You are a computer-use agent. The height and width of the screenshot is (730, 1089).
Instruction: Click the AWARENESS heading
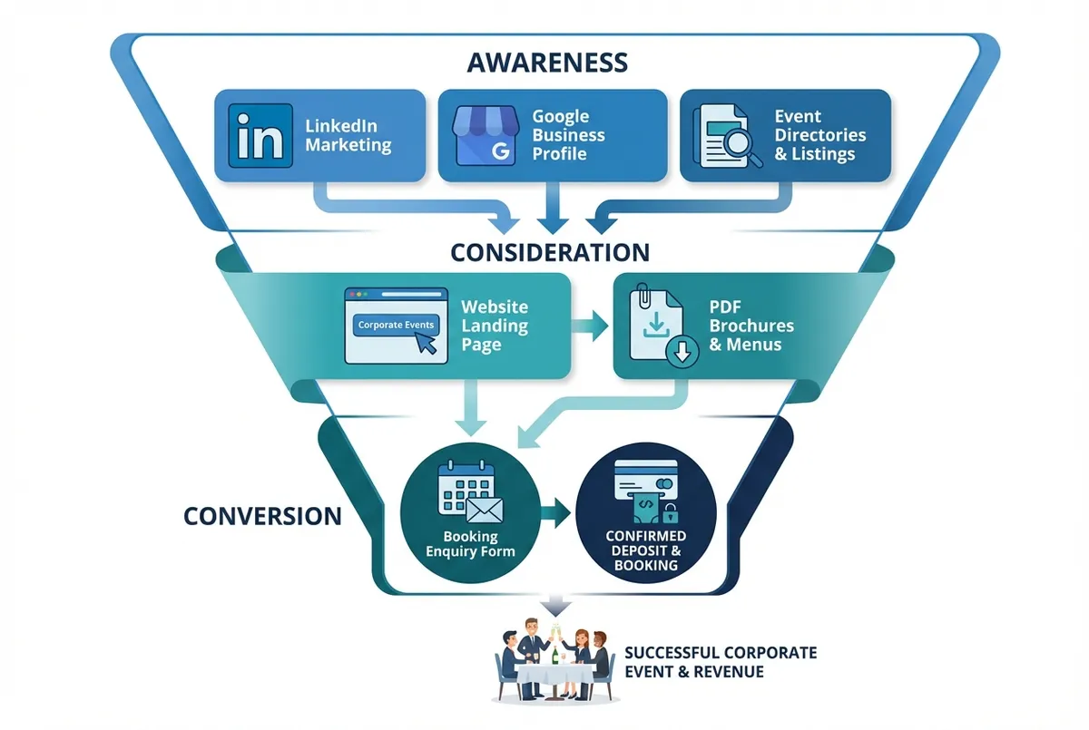click(546, 63)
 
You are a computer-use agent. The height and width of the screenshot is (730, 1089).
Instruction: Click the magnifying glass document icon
click(727, 136)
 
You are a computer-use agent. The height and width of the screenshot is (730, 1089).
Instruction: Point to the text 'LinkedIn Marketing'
click(348, 135)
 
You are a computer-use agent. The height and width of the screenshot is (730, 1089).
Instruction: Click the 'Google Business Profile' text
click(568, 135)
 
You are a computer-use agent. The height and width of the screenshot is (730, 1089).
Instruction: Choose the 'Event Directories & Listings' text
click(819, 135)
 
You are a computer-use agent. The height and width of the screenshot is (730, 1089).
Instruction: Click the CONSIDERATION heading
click(550, 251)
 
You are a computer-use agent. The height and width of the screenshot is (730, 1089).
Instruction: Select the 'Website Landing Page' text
click(495, 326)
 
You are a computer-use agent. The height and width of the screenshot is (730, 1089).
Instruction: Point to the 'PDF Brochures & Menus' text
click(751, 326)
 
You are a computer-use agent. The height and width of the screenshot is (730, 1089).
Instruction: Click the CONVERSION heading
click(262, 516)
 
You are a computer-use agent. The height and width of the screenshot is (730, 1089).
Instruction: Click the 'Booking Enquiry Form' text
click(470, 544)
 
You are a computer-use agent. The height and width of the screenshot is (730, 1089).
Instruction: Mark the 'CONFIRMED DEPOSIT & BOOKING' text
click(645, 550)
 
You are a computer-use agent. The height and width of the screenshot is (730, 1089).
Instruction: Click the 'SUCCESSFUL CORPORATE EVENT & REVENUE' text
click(721, 662)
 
